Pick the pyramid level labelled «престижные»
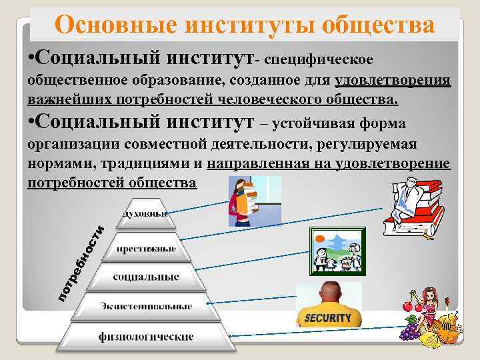(x=146, y=249)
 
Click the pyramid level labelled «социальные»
(x=146, y=276)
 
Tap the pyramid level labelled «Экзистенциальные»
(x=146, y=306)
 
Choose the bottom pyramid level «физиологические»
(x=146, y=337)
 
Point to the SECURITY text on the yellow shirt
(x=327, y=318)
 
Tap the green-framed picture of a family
(x=337, y=250)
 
